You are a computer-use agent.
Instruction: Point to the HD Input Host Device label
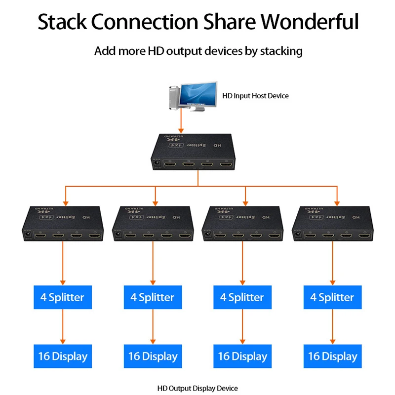point(255,95)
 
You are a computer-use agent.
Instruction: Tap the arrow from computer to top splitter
point(182,121)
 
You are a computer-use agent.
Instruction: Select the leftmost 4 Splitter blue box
point(62,297)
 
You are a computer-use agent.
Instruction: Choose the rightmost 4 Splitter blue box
point(332,297)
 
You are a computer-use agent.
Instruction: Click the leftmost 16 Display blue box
point(62,356)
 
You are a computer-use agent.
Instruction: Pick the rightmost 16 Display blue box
point(332,356)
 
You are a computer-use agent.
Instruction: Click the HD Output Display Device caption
point(197,389)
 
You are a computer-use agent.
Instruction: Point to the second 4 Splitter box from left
point(152,297)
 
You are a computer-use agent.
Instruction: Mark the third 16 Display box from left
point(242,356)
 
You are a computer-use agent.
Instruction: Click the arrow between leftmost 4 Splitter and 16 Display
point(63,327)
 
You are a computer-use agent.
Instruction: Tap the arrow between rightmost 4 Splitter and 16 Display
point(332,327)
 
